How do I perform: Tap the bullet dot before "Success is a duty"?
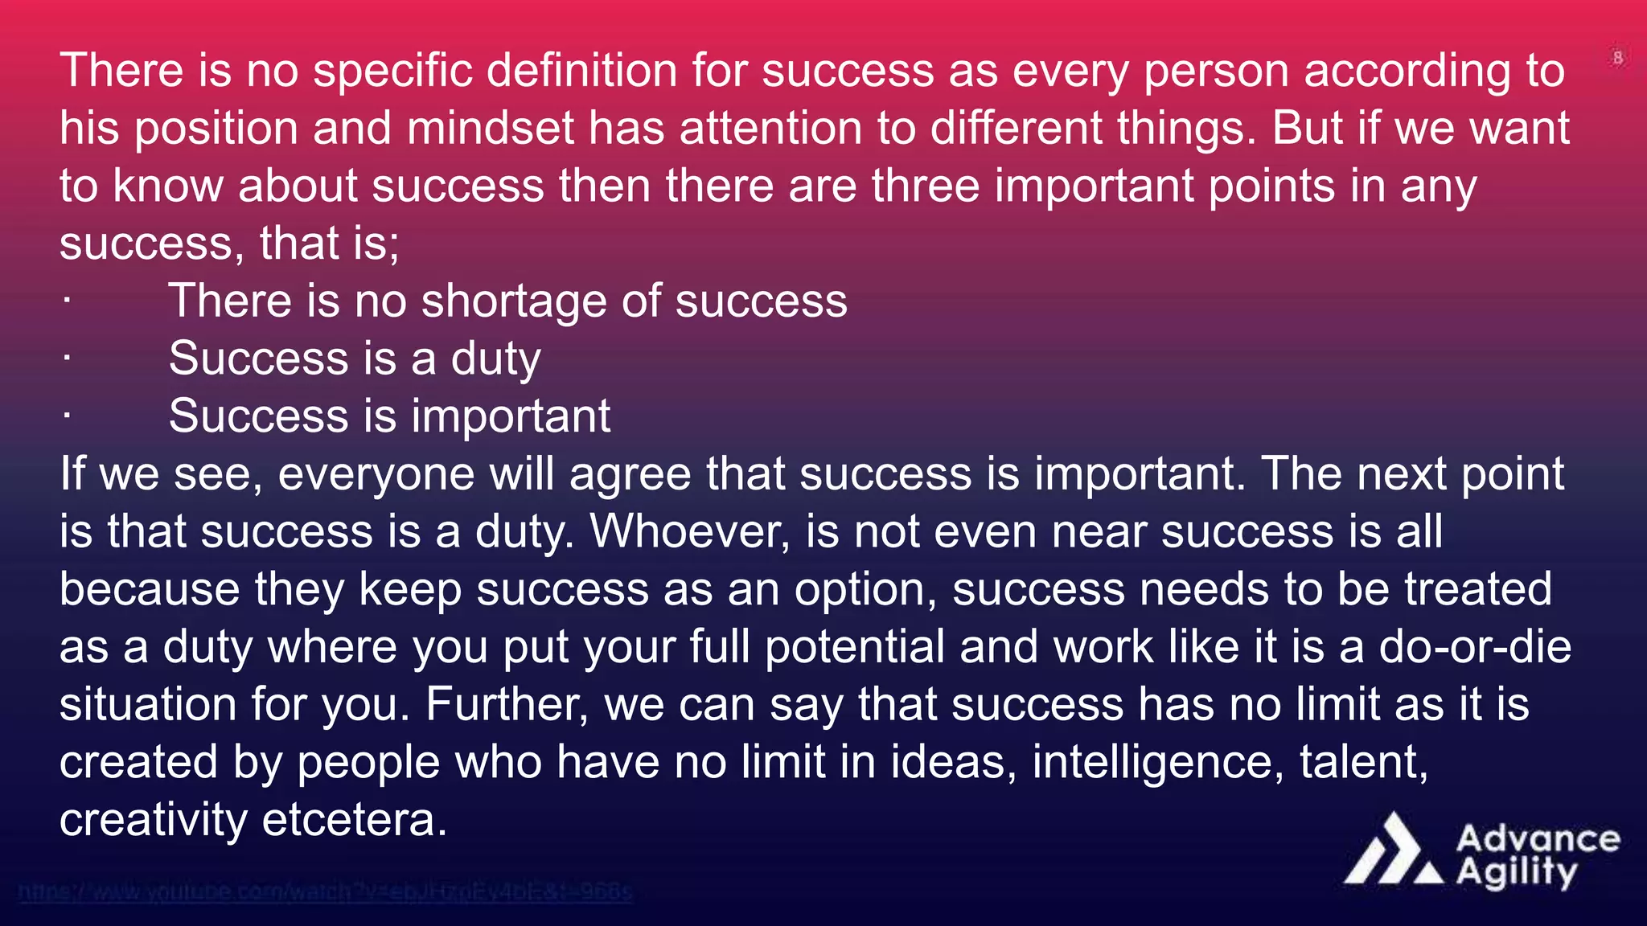coord(67,359)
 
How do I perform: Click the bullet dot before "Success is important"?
coord(67,416)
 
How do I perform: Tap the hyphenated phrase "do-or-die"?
coord(1475,647)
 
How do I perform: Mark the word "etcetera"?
coord(354,820)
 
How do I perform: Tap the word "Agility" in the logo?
coord(1517,873)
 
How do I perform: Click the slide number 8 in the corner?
coord(1618,58)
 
